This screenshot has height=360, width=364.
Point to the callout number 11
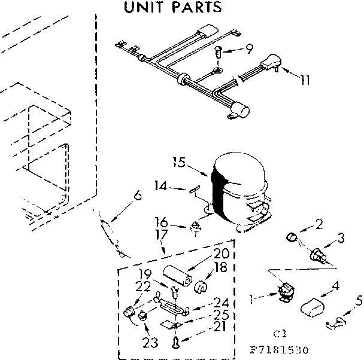pyautogui.click(x=305, y=79)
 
